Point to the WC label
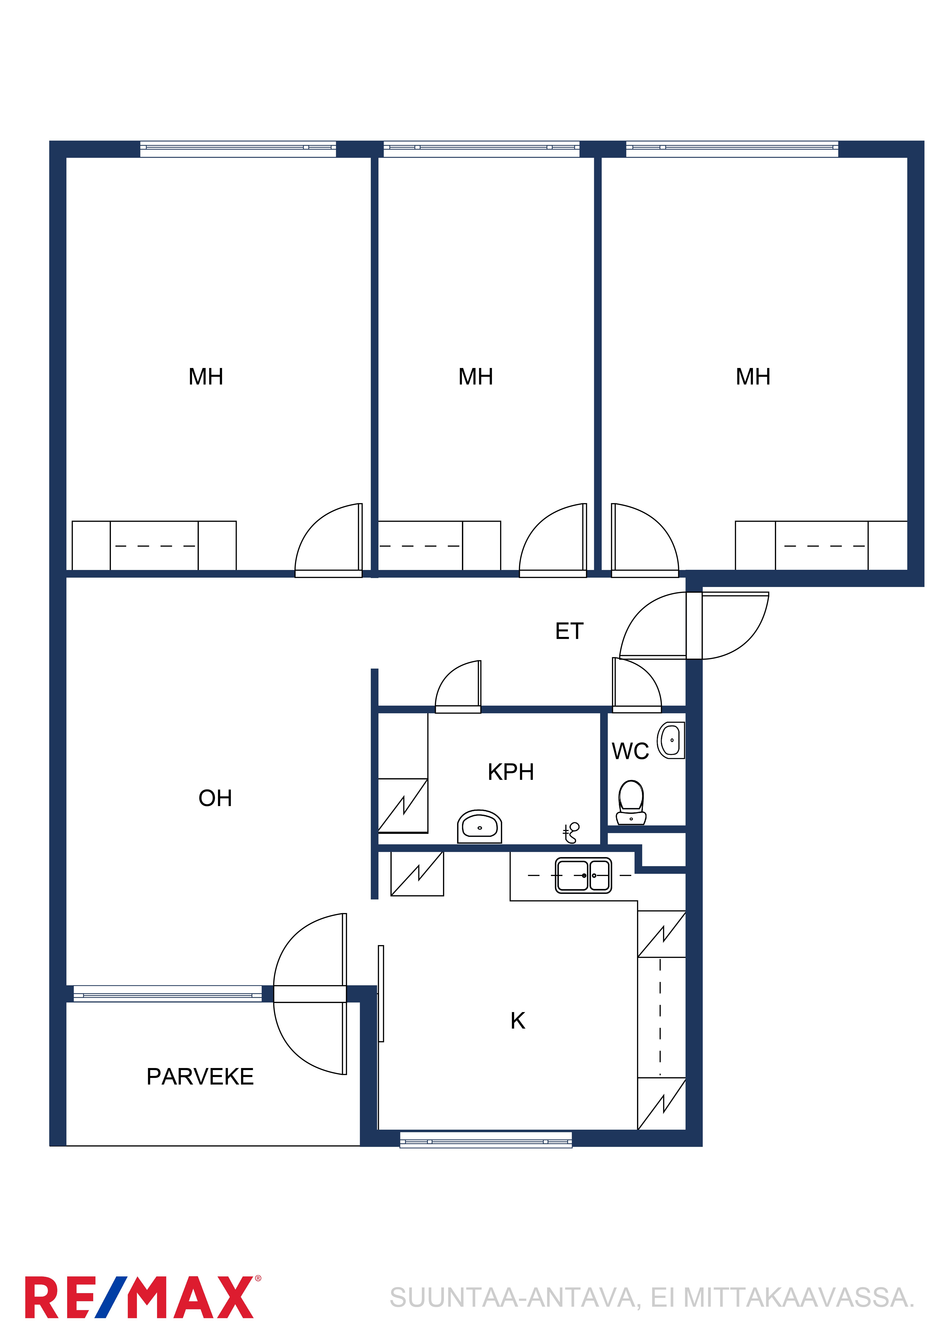(630, 751)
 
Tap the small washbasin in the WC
(671, 741)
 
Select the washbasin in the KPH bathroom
(480, 826)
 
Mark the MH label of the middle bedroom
(475, 377)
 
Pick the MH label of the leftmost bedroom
(206, 377)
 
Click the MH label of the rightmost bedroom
(753, 377)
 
